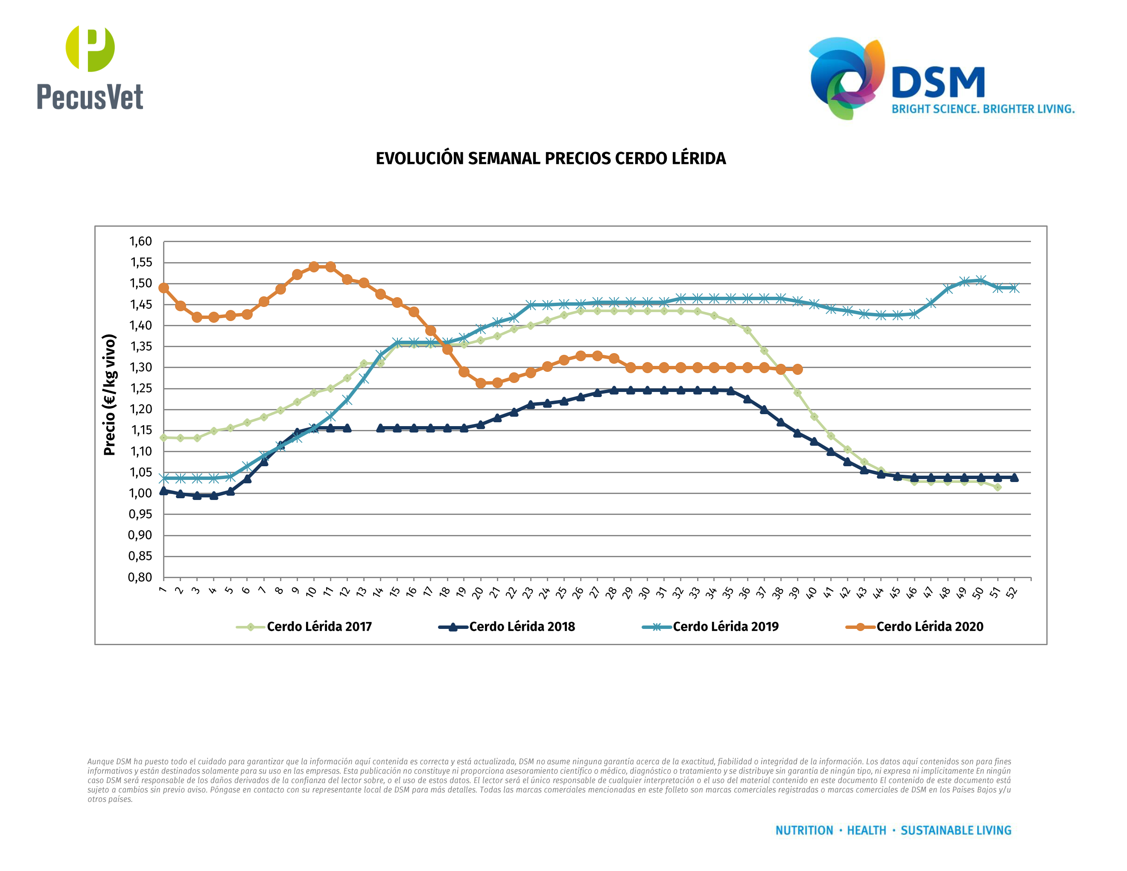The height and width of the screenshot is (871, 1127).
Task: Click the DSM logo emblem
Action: (846, 77)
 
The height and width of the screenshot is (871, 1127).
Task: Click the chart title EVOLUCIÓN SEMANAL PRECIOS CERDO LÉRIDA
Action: (551, 158)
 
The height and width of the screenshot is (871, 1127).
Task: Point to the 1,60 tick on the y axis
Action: (140, 242)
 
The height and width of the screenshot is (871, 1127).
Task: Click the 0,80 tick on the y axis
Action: (140, 577)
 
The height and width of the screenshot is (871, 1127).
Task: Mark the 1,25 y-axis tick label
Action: (140, 389)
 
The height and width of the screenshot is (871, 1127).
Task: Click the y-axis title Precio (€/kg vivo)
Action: (109, 395)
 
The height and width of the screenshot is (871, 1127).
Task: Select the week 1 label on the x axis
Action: (163, 590)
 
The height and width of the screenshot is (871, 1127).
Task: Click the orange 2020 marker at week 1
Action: (164, 288)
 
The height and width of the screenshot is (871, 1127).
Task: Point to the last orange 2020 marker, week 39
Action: (798, 369)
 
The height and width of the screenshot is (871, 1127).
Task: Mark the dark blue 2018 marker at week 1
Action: (164, 491)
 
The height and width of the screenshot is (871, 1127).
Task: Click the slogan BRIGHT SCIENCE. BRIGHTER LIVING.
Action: (983, 109)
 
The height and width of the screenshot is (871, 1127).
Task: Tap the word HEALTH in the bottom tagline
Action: (867, 830)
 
